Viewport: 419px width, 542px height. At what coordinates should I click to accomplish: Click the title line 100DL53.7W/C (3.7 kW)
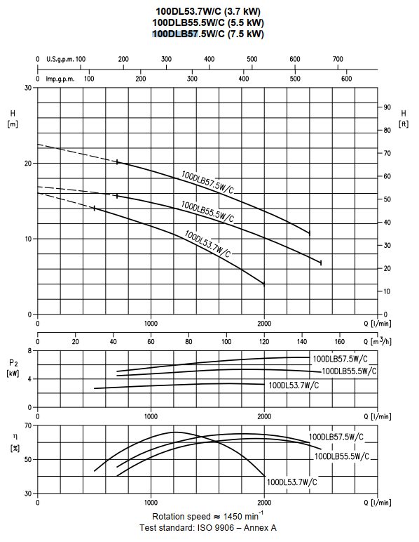coord(208,11)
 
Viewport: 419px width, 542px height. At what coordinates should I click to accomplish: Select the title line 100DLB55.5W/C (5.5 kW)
coord(208,22)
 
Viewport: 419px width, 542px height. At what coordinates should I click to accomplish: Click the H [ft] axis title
coord(404,118)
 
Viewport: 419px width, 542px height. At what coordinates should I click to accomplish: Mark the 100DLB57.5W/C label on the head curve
coord(207,182)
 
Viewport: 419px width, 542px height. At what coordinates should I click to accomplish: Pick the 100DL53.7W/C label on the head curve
coord(207,244)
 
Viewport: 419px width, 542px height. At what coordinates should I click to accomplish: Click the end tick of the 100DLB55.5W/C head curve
coord(321,263)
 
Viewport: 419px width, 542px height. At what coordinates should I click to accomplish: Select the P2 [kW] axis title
coord(13,368)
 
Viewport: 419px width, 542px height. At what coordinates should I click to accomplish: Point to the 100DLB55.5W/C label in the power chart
coord(349,371)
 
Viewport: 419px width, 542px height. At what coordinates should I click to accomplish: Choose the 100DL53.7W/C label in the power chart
coord(294,385)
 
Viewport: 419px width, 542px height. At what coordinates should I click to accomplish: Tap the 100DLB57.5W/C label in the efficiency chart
coord(336,437)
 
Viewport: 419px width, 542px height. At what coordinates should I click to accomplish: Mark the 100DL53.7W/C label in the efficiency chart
coord(291,482)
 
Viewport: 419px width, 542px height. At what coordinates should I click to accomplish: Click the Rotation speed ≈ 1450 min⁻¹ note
coord(208,516)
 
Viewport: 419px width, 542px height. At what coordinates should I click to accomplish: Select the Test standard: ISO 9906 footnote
coord(208,528)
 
